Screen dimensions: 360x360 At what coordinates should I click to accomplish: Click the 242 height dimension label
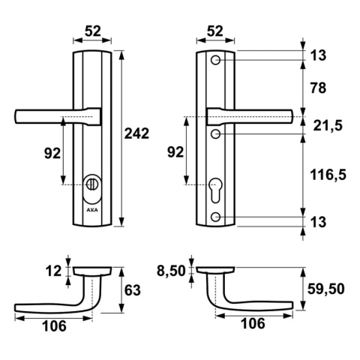pyautogui.click(x=136, y=133)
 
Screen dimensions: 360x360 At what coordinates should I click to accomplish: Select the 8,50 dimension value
pyautogui.click(x=170, y=268)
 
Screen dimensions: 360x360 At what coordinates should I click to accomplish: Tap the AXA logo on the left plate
pyautogui.click(x=91, y=211)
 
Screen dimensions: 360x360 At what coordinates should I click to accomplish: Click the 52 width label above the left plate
pyautogui.click(x=93, y=32)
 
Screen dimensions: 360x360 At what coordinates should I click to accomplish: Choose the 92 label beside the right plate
pyautogui.click(x=174, y=152)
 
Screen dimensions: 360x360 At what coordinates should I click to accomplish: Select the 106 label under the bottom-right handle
pyautogui.click(x=252, y=326)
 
